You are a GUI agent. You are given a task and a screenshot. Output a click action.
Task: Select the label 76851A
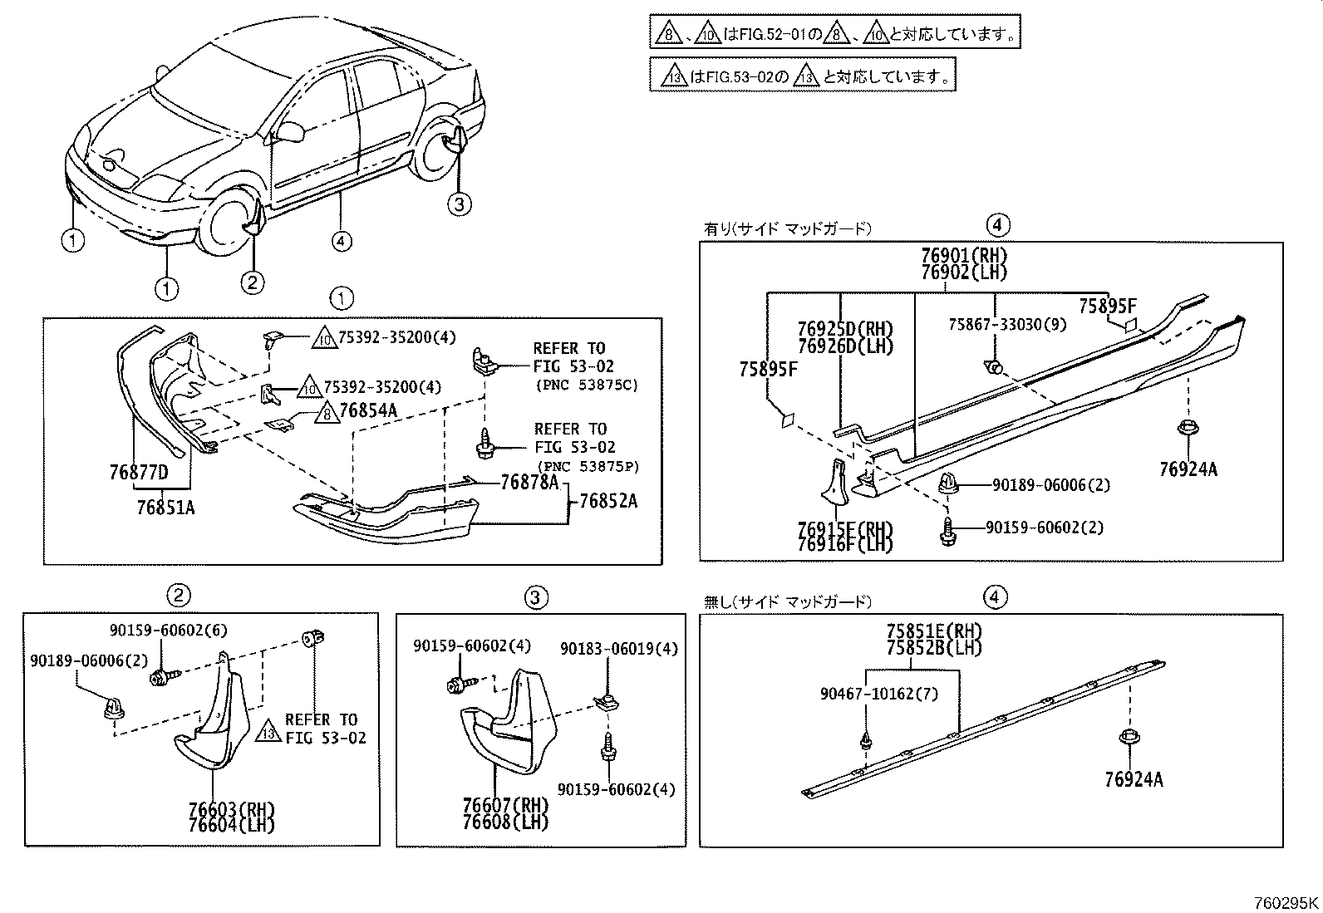click(165, 507)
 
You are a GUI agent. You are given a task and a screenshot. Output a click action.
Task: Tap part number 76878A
click(529, 483)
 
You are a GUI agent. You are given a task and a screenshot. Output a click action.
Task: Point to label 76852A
click(607, 501)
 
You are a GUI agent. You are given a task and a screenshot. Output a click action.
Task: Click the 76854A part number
click(368, 410)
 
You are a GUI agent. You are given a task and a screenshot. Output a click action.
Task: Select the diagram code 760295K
click(1286, 903)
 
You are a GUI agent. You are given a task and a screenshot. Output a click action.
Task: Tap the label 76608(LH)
click(506, 822)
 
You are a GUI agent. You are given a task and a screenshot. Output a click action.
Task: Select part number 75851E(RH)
click(934, 630)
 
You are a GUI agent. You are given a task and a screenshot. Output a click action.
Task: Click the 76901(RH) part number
click(963, 256)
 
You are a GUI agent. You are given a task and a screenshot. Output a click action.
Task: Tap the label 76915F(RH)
click(844, 529)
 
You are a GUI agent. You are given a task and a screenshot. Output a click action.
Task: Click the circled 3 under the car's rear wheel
click(460, 203)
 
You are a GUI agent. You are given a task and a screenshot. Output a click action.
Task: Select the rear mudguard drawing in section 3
click(503, 723)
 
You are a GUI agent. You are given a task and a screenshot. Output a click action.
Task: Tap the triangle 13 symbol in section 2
click(268, 732)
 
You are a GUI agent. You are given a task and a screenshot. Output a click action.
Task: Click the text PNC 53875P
click(588, 467)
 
